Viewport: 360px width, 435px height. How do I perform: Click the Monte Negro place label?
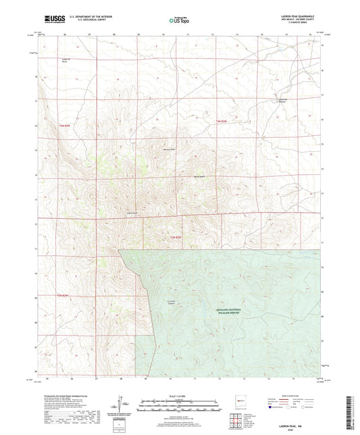click(200, 177)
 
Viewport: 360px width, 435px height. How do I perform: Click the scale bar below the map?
click(179, 407)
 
